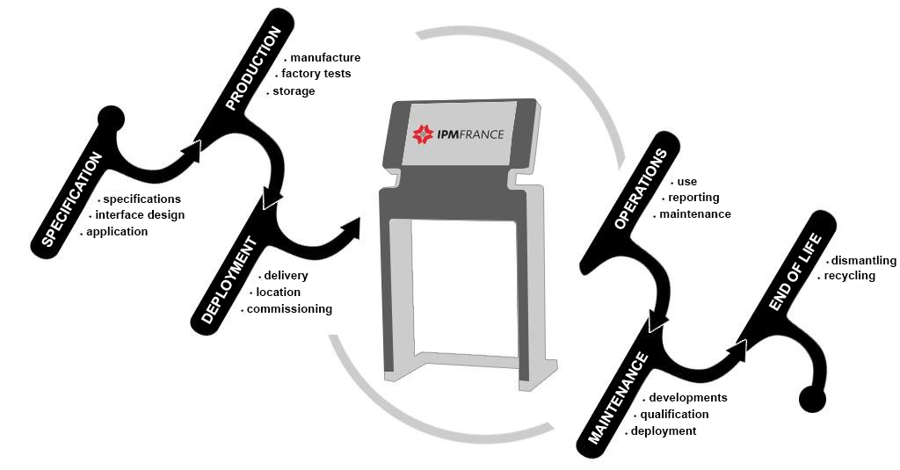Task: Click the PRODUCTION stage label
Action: click(254, 68)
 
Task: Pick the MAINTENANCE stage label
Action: click(618, 397)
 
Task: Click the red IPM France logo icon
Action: click(424, 134)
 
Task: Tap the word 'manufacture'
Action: click(325, 58)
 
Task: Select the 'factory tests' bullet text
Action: click(316, 74)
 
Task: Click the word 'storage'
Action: click(294, 91)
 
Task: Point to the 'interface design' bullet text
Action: click(140, 215)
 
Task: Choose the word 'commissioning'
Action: click(289, 309)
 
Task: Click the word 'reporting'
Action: click(693, 198)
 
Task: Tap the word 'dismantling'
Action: click(863, 261)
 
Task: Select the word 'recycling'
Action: click(850, 276)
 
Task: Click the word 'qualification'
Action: click(674, 415)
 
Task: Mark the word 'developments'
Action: click(688, 398)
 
